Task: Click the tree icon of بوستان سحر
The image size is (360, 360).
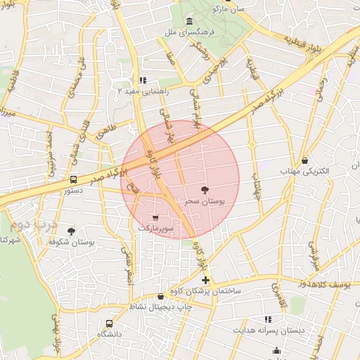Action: point(205,190)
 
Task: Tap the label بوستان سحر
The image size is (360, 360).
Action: point(205,201)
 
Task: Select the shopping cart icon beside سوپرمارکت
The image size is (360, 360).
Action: point(155,217)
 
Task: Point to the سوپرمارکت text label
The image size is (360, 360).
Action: point(155,228)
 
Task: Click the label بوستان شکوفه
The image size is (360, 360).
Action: point(71,241)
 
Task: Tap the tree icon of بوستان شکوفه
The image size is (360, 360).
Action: point(71,231)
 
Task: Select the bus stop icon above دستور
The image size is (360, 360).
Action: point(74,179)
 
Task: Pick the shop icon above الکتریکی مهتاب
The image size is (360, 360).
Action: point(304,161)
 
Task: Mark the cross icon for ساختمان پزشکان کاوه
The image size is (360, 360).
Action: point(205,281)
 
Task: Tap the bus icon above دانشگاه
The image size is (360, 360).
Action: point(109,323)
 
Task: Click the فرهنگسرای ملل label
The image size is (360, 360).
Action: point(191,32)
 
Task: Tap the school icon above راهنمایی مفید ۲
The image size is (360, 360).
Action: point(143,80)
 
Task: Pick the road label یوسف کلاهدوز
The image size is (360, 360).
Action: point(334,283)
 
